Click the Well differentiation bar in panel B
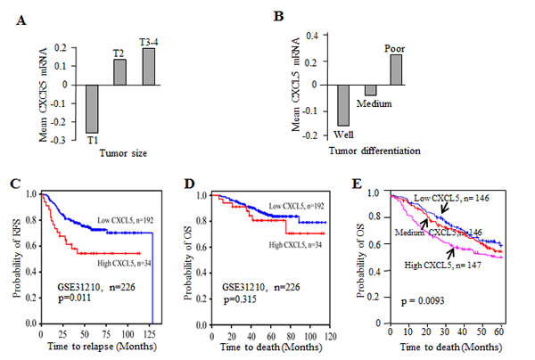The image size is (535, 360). [x=344, y=104]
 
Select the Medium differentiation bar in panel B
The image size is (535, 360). [x=369, y=89]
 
